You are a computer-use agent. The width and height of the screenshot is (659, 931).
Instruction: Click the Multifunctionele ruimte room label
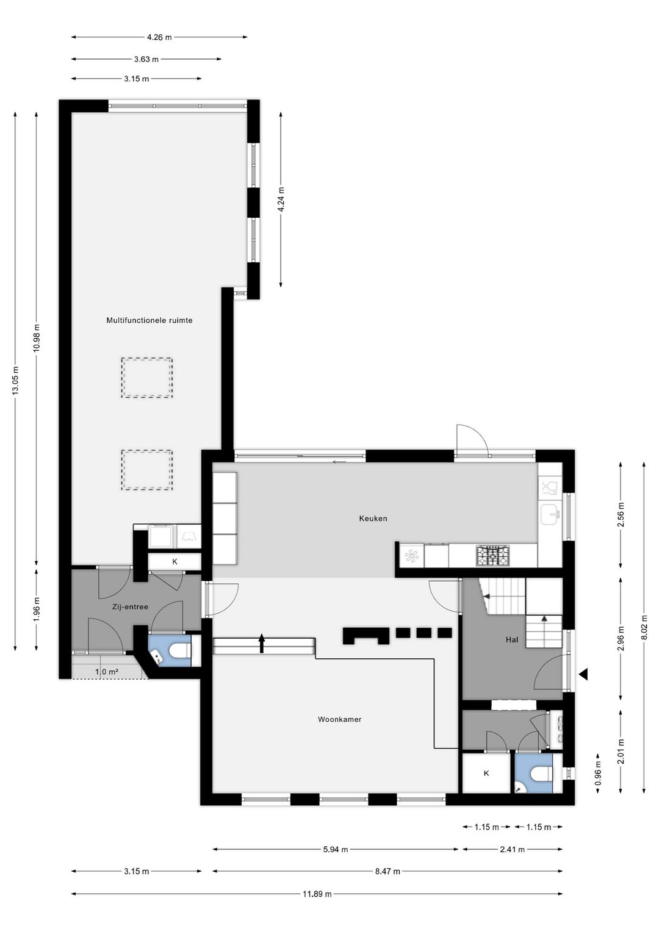[x=149, y=320]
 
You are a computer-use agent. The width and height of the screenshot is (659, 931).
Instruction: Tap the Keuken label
[x=373, y=519]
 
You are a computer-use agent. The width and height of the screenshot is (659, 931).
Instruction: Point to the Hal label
[x=512, y=639]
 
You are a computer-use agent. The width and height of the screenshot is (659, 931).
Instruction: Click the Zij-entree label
[x=130, y=607]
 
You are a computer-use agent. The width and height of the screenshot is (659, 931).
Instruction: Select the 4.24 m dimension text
[x=281, y=199]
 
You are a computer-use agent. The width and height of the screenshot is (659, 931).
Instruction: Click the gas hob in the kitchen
[x=492, y=556]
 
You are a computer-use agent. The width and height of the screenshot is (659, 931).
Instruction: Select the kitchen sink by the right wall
[x=550, y=516]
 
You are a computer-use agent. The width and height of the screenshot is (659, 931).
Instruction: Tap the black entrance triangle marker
[x=583, y=674]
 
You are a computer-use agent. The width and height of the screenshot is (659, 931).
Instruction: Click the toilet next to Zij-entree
[x=181, y=650]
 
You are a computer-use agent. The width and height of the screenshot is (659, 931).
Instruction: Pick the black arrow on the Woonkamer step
[x=262, y=644]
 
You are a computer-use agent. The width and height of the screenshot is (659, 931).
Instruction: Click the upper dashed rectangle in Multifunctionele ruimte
[x=147, y=378]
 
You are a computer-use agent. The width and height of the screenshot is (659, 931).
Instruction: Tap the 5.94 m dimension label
[x=336, y=849]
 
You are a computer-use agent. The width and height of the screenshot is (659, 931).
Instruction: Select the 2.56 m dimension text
[x=621, y=514]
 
